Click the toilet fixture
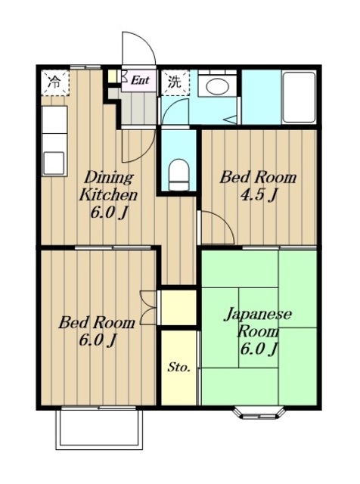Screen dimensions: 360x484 click(178, 175)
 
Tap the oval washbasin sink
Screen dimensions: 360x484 click(217, 86)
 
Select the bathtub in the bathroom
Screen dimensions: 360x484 click(299, 98)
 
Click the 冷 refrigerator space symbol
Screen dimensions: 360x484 click(54, 82)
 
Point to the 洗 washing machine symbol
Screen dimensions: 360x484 click(175, 82)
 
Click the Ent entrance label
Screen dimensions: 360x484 click(140, 80)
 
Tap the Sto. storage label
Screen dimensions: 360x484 click(178, 368)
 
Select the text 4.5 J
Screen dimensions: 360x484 click(258, 195)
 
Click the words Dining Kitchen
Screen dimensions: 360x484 click(108, 186)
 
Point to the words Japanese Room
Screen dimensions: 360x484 click(258, 323)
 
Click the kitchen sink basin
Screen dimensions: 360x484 click(54, 163)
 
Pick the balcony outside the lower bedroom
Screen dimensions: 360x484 click(99, 429)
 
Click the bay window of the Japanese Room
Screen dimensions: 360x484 click(258, 414)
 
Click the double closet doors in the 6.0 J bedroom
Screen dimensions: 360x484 click(148, 308)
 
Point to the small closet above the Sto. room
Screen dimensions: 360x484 click(178, 307)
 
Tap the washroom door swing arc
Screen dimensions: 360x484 click(174, 110)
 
